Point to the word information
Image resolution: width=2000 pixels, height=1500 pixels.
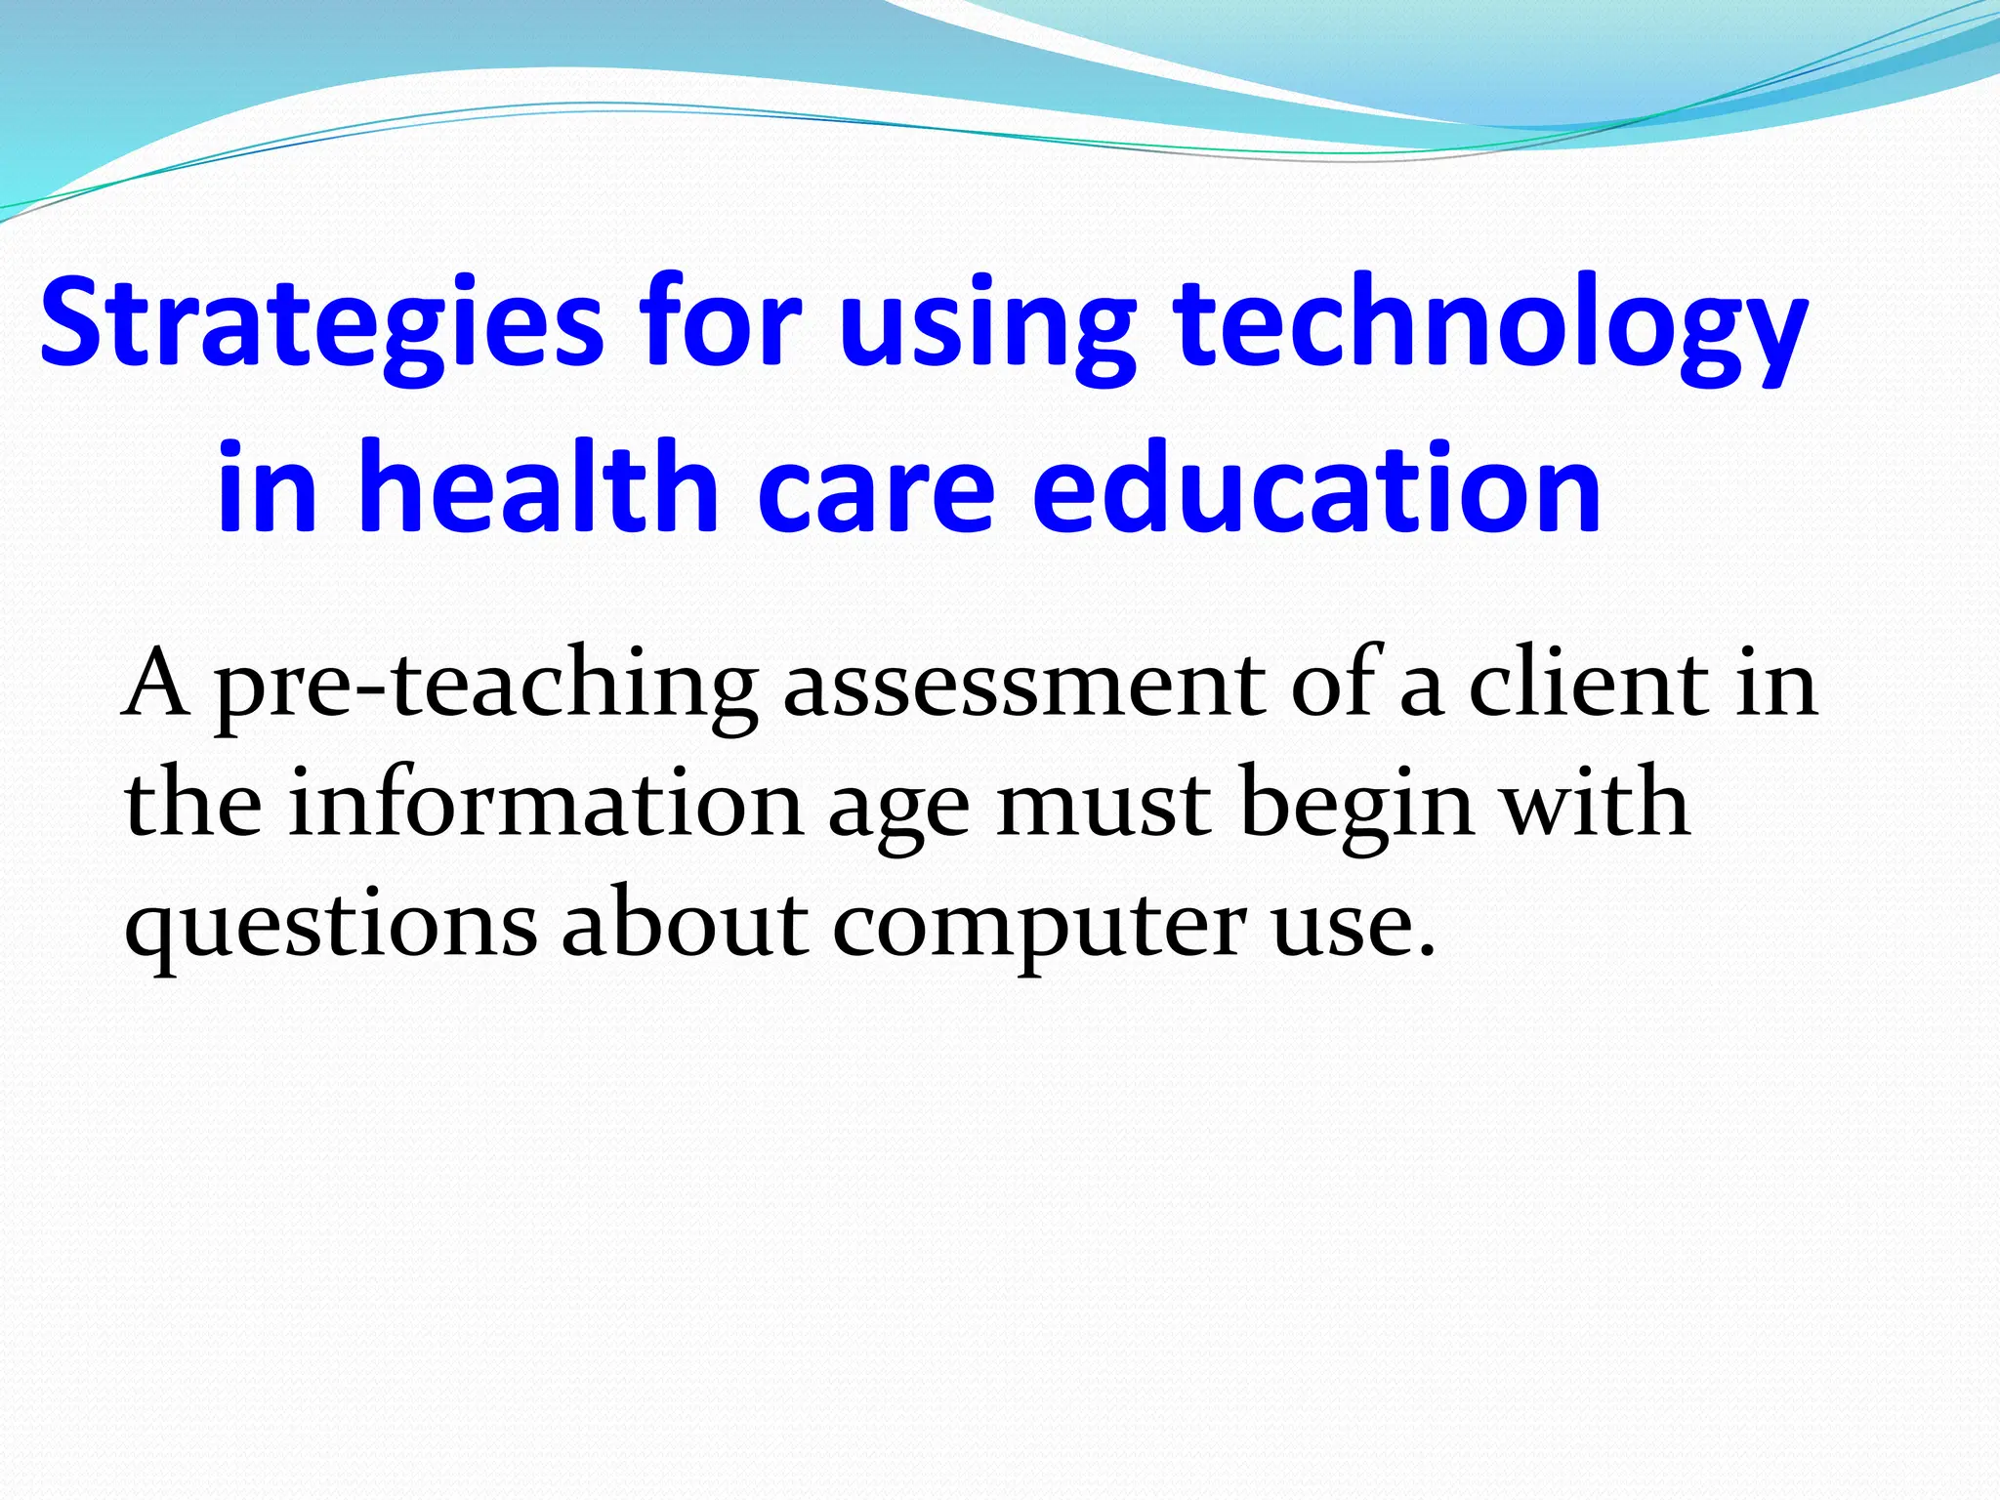546,806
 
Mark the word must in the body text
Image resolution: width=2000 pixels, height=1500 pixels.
1104,806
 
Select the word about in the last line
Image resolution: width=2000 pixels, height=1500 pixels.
684,923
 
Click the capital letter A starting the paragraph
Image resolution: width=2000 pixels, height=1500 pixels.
156,684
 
